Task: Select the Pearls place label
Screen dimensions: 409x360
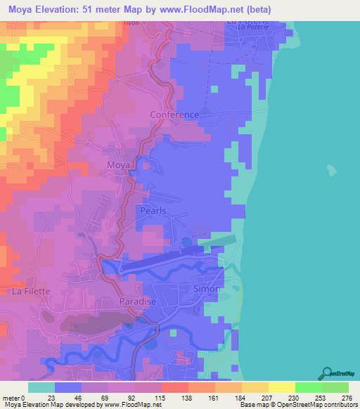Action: pos(153,210)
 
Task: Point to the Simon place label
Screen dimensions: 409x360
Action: pos(207,289)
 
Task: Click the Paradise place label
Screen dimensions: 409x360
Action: pos(137,301)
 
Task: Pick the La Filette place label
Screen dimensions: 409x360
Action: pos(28,290)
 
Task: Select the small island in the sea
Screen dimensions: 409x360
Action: pos(330,169)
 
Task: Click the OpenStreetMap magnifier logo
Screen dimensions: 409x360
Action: pos(327,373)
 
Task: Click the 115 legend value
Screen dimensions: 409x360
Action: pos(161,398)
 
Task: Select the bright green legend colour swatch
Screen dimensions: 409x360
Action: pos(308,387)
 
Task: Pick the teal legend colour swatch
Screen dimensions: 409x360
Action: pos(41,387)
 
